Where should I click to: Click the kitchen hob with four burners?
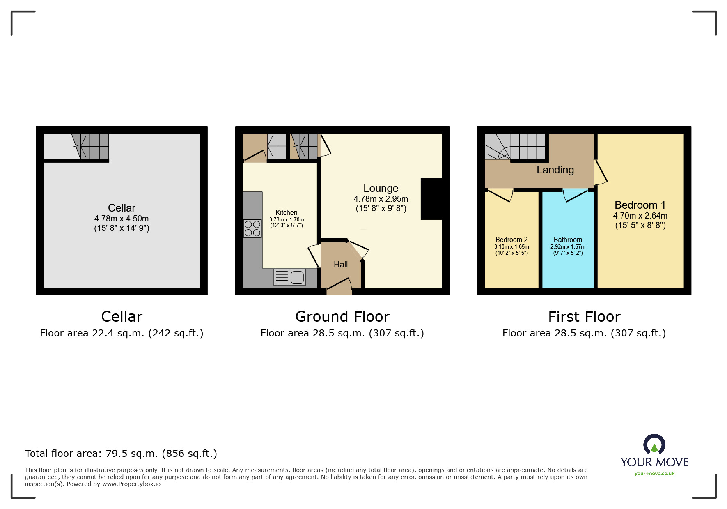tap(252, 228)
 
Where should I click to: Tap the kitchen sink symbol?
tap(289, 277)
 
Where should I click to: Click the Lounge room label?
tap(381, 188)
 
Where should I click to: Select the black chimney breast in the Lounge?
tap(431, 199)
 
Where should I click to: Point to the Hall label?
tap(340, 265)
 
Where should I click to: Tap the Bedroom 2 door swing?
tap(502, 194)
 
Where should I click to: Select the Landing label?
tap(555, 170)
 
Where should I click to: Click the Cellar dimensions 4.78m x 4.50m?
tap(122, 219)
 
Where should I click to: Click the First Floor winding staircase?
tap(515, 147)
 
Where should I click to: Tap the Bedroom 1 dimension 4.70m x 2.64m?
tap(640, 216)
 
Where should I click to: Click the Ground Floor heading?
tap(342, 317)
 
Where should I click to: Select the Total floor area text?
tap(121, 454)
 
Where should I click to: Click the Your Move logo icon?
tap(654, 445)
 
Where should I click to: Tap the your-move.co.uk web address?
tap(654, 474)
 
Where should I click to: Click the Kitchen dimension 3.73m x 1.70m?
tap(287, 220)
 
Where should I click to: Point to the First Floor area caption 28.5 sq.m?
tap(584, 333)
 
